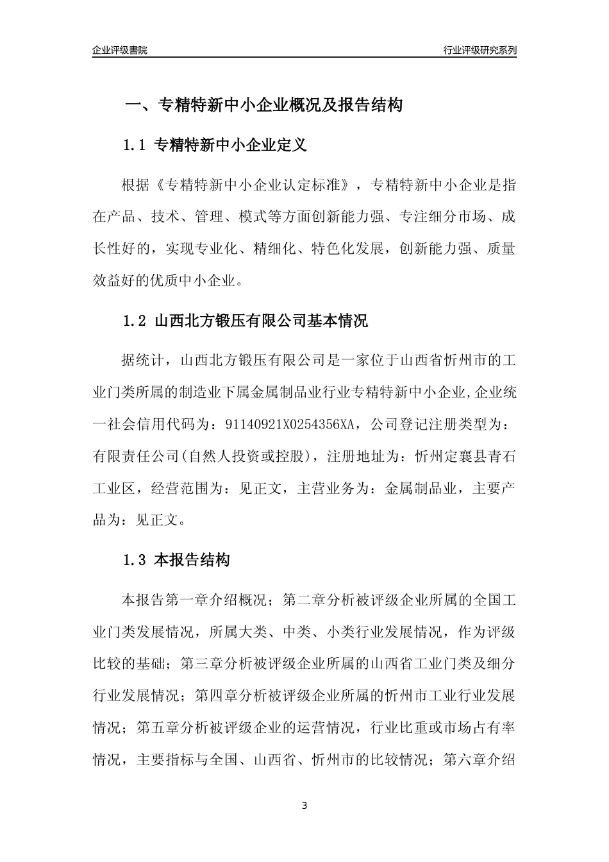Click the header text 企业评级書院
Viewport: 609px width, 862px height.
(119, 49)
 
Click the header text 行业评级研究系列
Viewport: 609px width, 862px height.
(480, 49)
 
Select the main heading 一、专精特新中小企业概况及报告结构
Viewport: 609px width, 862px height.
(263, 105)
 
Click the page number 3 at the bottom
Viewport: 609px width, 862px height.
(304, 806)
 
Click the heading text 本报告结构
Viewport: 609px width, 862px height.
(192, 561)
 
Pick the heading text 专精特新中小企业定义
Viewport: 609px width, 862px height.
(231, 146)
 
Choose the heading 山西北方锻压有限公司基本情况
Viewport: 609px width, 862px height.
(262, 321)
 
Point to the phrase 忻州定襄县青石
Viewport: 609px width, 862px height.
(465, 456)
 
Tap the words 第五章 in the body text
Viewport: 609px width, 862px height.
(158, 728)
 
